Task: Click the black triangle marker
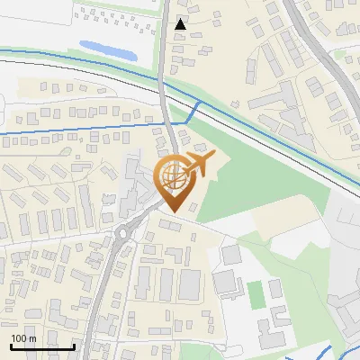(181, 24)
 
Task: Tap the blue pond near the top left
(107, 49)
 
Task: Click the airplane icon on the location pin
(201, 165)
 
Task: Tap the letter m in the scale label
(32, 338)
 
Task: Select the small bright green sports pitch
(256, 293)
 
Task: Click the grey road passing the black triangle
(163, 54)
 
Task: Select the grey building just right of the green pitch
(274, 290)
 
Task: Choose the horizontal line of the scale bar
(42, 346)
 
